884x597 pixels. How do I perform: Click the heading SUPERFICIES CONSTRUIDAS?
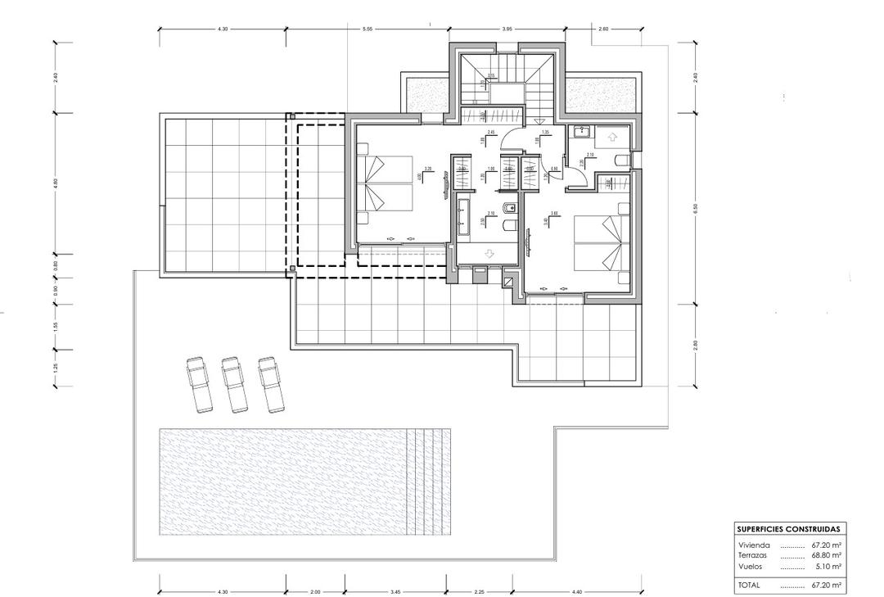tap(787, 529)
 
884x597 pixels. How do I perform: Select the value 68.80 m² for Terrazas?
tap(827, 554)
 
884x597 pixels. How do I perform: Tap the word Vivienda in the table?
tap(753, 544)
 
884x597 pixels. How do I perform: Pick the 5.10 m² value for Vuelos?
tap(828, 566)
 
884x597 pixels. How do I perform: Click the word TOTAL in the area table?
tap(749, 586)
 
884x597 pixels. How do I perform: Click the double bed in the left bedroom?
tap(386, 184)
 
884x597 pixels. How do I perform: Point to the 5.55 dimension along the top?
tap(367, 29)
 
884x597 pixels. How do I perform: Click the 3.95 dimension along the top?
tap(507, 29)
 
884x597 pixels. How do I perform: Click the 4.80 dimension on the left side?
tap(55, 183)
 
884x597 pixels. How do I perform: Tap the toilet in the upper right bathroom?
tap(621, 160)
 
